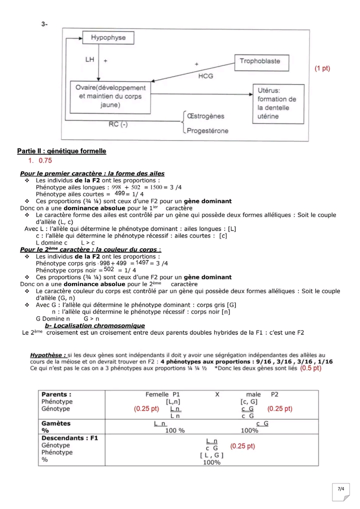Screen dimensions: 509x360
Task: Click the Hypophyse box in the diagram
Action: click(108, 38)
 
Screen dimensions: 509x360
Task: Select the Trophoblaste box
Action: click(259, 61)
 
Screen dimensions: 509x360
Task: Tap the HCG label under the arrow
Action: click(206, 76)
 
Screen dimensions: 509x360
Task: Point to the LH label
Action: click(90, 59)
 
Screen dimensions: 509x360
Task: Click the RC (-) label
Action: click(118, 124)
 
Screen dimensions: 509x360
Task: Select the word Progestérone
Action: click(207, 131)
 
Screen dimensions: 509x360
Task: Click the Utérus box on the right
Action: click(276, 103)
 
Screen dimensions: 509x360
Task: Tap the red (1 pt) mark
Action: click(322, 68)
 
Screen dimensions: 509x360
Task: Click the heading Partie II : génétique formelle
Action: click(61, 151)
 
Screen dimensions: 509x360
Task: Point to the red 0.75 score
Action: click(45, 161)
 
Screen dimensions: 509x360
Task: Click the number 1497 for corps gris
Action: click(142, 262)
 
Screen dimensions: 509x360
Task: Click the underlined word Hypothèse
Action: click(48, 354)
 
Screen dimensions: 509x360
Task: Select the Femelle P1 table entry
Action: click(163, 394)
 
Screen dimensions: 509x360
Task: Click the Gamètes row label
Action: click(55, 423)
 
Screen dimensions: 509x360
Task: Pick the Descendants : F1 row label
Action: click(69, 437)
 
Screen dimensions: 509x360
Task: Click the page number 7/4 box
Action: click(341, 489)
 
